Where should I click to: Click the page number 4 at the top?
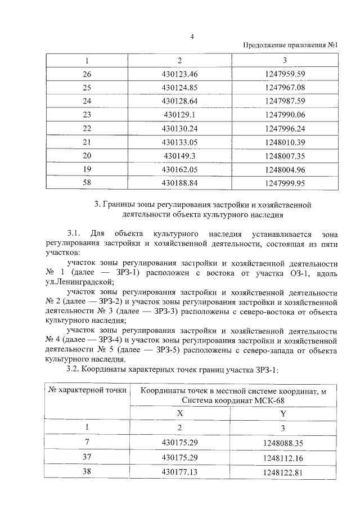[192, 37]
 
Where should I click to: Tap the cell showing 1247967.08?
[284, 88]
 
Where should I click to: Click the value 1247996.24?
[284, 128]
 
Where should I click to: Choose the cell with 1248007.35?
[284, 155]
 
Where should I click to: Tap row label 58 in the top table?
[87, 182]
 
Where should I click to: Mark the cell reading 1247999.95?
[284, 182]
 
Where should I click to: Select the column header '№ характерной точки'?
[87, 389]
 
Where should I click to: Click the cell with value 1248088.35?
[284, 443]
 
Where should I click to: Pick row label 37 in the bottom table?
[87, 457]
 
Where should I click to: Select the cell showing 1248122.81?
[284, 472]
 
